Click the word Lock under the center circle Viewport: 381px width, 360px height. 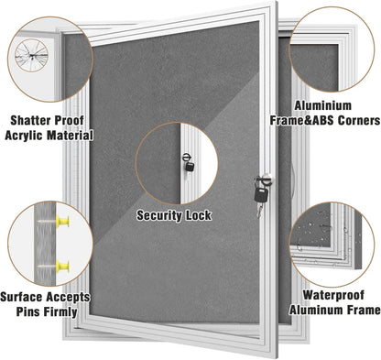pyautogui.click(x=200, y=216)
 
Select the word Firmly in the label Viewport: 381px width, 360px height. pyautogui.click(x=68, y=313)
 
